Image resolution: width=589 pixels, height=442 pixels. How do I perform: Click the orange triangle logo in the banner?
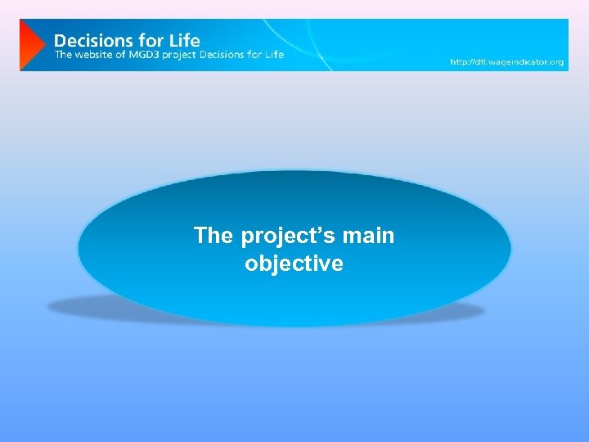click(x=31, y=45)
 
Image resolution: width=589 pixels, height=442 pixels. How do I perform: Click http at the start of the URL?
click(x=460, y=62)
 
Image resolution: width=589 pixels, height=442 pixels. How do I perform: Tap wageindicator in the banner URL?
click(x=519, y=62)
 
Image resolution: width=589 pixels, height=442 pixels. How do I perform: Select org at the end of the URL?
click(x=558, y=62)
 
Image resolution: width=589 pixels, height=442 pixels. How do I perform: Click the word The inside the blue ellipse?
click(x=214, y=236)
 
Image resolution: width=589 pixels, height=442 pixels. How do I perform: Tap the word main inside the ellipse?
click(x=369, y=236)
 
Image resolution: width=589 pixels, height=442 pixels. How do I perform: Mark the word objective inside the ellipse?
click(x=294, y=264)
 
